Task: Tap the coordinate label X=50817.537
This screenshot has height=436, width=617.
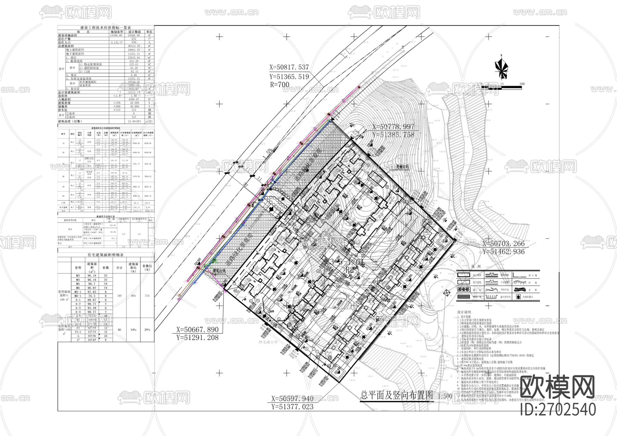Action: (289, 68)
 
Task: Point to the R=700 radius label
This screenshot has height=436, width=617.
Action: (279, 84)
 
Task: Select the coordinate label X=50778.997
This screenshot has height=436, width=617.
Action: (393, 127)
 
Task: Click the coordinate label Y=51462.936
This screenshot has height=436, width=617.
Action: (503, 252)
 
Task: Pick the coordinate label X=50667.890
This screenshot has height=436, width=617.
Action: (197, 330)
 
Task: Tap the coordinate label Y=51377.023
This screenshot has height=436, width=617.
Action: (292, 407)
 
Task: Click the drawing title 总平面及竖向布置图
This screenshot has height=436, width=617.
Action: (397, 395)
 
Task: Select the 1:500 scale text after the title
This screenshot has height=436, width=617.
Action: (445, 396)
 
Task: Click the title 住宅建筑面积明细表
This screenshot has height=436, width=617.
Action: (106, 255)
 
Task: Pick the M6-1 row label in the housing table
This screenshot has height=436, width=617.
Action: (78, 296)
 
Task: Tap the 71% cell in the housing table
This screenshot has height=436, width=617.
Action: (147, 296)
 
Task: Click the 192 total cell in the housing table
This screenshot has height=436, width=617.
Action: (119, 296)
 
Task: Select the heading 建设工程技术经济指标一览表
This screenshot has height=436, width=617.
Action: (106, 27)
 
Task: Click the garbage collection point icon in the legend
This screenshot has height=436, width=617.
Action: (518, 297)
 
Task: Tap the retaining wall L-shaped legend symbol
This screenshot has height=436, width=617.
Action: (521, 275)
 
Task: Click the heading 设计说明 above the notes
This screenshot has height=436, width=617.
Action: (465, 312)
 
